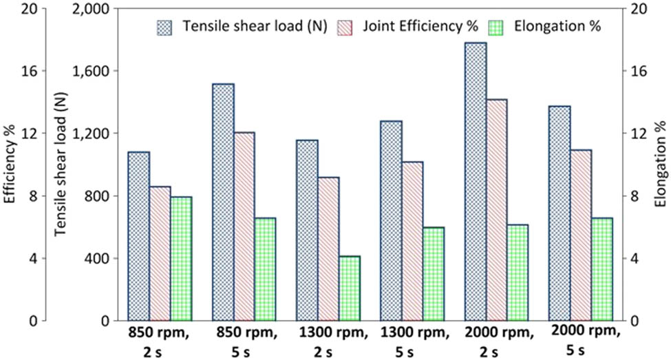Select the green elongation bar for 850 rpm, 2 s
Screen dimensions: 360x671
click(x=181, y=259)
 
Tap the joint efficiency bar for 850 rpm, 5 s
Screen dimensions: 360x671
click(x=244, y=226)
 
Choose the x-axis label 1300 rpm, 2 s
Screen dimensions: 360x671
click(x=328, y=341)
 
